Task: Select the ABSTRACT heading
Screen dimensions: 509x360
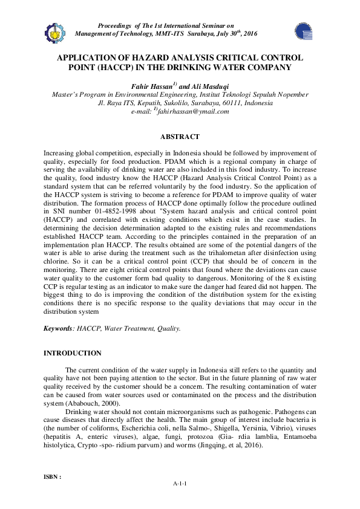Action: (179, 137)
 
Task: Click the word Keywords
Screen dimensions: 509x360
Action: (59, 328)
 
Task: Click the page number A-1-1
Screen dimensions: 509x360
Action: (180, 485)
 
